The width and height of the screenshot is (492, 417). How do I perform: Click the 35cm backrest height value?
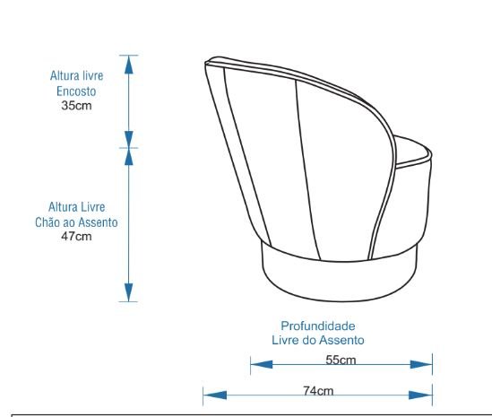[x=76, y=106]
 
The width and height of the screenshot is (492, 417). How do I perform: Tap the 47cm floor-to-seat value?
[x=76, y=236]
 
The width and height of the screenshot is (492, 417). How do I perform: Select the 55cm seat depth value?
[x=341, y=360]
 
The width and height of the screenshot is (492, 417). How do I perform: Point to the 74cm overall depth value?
[x=318, y=391]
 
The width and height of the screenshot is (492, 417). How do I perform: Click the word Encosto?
[x=76, y=91]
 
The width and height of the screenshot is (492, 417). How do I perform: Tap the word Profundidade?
[x=318, y=326]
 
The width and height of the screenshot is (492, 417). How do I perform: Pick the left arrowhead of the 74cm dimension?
[x=215, y=395]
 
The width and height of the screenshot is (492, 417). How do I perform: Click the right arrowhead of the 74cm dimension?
[x=420, y=395]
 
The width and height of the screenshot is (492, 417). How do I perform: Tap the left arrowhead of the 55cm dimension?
[x=262, y=364]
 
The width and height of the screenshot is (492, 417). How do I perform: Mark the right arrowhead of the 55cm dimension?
[x=421, y=364]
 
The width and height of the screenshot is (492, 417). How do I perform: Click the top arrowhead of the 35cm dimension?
[x=129, y=65]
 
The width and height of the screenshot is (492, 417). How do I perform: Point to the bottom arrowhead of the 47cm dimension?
[x=129, y=292]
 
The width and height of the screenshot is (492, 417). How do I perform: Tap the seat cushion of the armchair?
[x=411, y=151]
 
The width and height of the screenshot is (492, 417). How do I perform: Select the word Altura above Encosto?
[x=62, y=75]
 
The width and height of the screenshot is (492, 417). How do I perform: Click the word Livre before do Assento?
[x=285, y=340]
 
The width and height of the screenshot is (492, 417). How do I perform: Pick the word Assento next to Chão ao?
[x=98, y=222]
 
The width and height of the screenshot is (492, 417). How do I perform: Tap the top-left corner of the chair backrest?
[x=206, y=63]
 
